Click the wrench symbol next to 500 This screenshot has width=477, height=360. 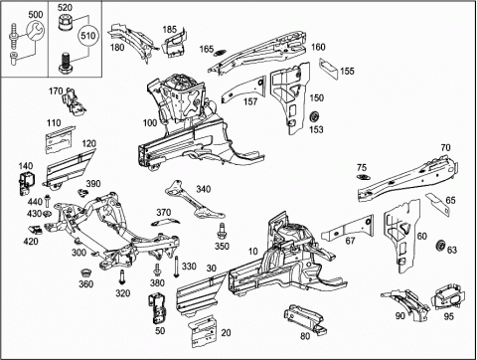(x=35, y=30)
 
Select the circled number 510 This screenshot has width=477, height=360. (x=88, y=35)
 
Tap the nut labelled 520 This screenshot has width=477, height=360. (x=65, y=23)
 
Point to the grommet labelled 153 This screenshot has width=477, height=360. (x=314, y=118)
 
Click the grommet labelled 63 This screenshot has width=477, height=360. (x=441, y=246)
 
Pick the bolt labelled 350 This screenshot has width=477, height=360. (x=221, y=231)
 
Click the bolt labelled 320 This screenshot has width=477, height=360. (x=122, y=276)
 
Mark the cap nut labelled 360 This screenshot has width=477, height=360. (x=86, y=272)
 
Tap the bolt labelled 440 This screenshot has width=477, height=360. (x=47, y=201)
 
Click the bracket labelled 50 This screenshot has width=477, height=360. (x=158, y=308)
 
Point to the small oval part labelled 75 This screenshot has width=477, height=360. (x=364, y=177)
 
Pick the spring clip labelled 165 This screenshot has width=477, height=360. (x=220, y=53)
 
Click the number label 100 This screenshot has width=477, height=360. (x=150, y=123)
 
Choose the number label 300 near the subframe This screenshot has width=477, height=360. (x=79, y=253)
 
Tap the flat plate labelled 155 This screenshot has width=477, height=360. (x=328, y=69)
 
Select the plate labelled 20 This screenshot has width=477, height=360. (x=203, y=331)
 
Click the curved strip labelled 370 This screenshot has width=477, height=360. (x=165, y=222)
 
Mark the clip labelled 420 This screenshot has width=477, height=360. (x=35, y=229)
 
